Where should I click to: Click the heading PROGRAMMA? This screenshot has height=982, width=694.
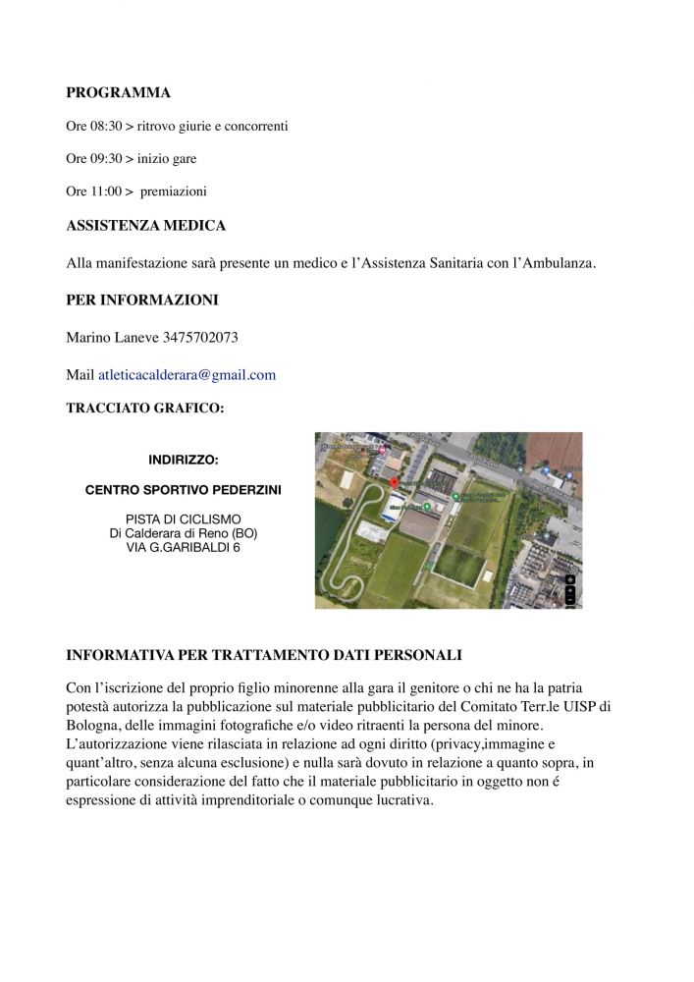(x=118, y=93)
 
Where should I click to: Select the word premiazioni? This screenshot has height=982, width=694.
(x=173, y=191)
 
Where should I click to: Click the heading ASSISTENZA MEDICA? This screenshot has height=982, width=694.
(x=145, y=226)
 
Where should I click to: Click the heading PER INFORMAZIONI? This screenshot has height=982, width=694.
(x=141, y=300)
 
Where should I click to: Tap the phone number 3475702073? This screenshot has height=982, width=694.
(x=200, y=338)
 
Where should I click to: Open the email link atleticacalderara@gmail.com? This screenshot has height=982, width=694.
(x=187, y=375)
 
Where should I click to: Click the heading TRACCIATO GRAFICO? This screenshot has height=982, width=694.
(x=144, y=409)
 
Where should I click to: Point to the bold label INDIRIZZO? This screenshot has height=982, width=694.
(x=183, y=460)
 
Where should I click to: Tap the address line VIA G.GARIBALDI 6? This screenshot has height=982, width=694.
(x=183, y=547)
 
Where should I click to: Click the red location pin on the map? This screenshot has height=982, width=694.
(x=395, y=482)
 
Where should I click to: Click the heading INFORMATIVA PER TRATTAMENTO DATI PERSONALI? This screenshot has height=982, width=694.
(x=264, y=655)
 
